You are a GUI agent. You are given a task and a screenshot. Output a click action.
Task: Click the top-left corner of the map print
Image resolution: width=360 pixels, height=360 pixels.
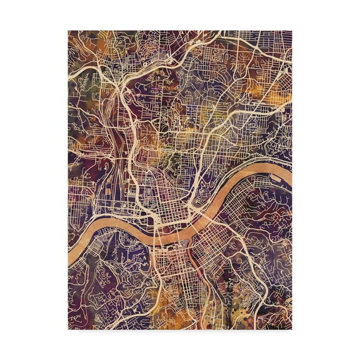coord(69,31)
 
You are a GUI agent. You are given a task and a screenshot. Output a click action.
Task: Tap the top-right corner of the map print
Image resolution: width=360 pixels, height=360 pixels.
coord(291,31)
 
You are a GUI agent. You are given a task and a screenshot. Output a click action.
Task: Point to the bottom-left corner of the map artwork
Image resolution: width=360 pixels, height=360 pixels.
coord(69,329)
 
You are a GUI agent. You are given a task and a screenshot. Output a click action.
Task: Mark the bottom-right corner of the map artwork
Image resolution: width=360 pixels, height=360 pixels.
coord(291,329)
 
